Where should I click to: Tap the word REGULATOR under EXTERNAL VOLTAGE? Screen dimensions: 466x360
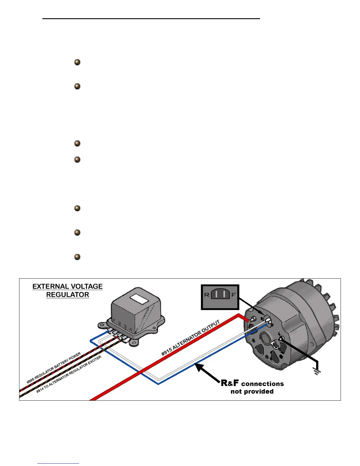[67, 295]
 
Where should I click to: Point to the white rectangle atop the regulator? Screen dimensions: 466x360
[139, 299]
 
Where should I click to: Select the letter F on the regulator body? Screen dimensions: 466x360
[114, 320]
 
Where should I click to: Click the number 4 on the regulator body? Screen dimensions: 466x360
[130, 330]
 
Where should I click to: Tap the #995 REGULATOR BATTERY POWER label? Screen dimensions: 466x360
[54, 368]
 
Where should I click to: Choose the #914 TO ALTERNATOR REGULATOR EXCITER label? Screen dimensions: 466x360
[69, 374]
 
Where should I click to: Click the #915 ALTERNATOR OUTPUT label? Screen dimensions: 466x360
[191, 338]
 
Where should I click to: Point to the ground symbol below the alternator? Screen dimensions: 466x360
[317, 372]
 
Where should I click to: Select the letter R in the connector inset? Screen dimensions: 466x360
[206, 295]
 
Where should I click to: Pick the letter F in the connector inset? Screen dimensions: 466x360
[234, 295]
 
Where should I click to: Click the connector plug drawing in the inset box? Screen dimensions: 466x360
[220, 294]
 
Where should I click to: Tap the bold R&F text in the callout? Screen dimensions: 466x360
[230, 383]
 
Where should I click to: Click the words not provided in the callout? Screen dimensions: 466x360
[252, 392]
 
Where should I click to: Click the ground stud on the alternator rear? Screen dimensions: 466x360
[281, 339]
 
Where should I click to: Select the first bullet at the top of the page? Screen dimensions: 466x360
[77, 62]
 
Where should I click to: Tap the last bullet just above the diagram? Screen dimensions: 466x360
[77, 257]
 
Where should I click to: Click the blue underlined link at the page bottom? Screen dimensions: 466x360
[58, 463]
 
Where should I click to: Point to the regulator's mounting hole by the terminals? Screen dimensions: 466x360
[102, 325]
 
